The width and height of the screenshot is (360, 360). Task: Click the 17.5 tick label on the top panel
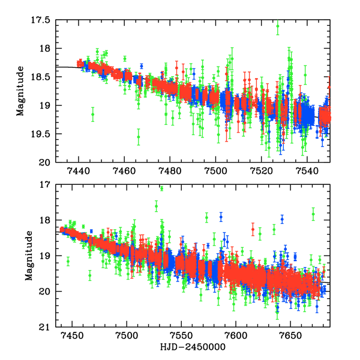pos(42,20)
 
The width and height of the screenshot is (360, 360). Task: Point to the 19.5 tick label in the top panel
pos(42,134)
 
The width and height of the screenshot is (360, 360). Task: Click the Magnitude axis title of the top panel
pos(20,91)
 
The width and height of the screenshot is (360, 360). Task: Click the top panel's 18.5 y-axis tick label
pos(42,77)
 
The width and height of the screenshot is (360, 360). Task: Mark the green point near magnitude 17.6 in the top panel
pos(277,26)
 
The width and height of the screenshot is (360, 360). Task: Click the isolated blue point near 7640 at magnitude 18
pos(281,219)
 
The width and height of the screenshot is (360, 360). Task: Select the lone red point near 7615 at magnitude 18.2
pos(253,229)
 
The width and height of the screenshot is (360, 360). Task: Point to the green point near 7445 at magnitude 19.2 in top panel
pos(93,114)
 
